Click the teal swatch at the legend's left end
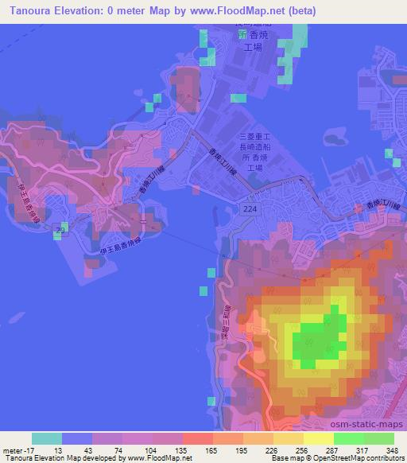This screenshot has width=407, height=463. [47, 438]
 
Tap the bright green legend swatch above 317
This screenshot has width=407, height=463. [349, 438]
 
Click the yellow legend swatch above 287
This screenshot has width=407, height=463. [319, 438]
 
